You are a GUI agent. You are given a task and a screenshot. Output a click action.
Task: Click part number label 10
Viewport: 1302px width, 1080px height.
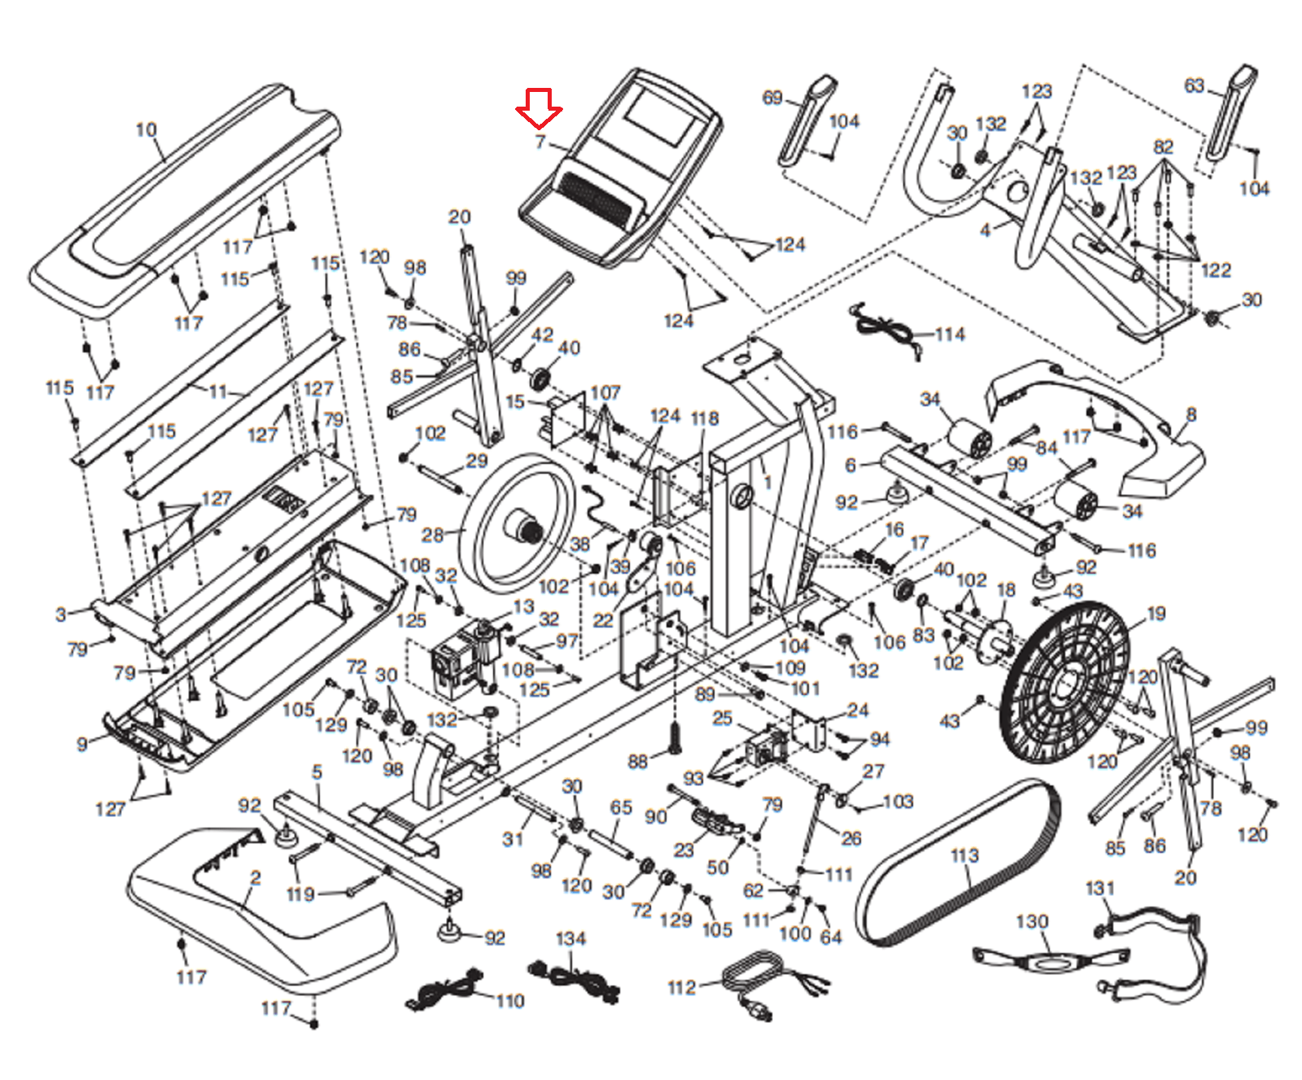click(x=146, y=129)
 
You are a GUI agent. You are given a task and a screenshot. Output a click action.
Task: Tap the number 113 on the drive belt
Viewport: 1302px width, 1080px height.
click(x=964, y=855)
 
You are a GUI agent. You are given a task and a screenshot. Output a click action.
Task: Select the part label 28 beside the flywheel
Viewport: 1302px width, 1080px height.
click(x=432, y=535)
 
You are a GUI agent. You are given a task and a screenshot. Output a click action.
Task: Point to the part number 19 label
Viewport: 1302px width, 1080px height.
click(x=1156, y=613)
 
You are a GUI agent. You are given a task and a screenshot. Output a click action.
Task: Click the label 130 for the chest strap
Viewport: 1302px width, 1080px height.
click(x=1032, y=921)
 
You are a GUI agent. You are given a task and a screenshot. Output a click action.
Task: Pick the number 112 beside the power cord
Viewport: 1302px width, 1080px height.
click(x=682, y=987)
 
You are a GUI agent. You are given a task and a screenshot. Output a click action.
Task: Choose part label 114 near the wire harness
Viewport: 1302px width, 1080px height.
click(x=950, y=334)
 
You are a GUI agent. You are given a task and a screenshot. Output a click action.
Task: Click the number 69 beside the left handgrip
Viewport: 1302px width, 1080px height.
click(x=771, y=98)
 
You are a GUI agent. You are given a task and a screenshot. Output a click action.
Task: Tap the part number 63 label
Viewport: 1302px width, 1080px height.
click(x=1194, y=85)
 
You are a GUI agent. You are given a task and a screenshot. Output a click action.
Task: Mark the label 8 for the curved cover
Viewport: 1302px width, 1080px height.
click(x=1191, y=414)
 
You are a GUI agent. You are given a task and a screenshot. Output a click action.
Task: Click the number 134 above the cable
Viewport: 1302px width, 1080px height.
click(x=570, y=938)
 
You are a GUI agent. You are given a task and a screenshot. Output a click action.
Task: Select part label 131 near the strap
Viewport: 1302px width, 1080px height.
click(x=1099, y=888)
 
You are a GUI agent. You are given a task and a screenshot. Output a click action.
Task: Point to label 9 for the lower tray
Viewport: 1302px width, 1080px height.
click(x=82, y=744)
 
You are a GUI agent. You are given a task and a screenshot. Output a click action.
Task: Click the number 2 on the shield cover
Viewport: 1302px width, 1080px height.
click(x=256, y=877)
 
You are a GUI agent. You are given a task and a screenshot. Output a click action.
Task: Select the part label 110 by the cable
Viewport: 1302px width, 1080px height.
click(x=510, y=1000)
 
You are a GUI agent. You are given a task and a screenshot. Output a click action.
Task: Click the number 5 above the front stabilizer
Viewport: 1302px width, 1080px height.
click(x=317, y=772)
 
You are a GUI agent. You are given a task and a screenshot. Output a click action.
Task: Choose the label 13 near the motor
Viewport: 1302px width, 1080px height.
click(x=523, y=606)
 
